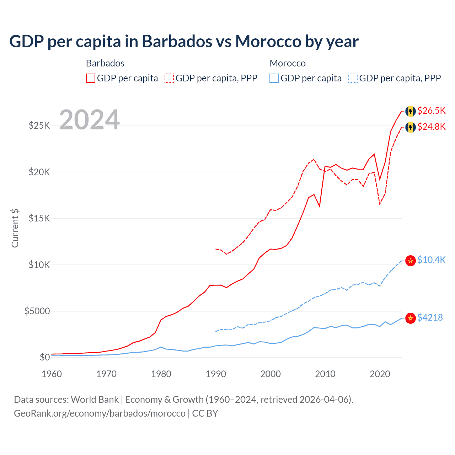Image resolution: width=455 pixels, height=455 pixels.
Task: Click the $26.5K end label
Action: pyautogui.click(x=431, y=111)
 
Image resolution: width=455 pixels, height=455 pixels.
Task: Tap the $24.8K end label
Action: pyautogui.click(x=431, y=127)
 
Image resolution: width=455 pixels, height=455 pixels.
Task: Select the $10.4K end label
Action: pyautogui.click(x=431, y=260)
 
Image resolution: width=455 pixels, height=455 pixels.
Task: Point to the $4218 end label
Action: pyautogui.click(x=430, y=317)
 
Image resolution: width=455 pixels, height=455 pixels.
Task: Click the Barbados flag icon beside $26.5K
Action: pyautogui.click(x=411, y=111)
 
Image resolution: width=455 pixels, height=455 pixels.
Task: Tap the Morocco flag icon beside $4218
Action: pyautogui.click(x=411, y=318)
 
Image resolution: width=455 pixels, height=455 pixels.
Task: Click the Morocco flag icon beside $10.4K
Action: pyautogui.click(x=411, y=261)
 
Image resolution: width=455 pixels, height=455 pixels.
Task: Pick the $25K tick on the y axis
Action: pyautogui.click(x=39, y=125)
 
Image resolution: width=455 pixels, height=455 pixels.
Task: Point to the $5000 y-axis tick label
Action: pyautogui.click(x=37, y=311)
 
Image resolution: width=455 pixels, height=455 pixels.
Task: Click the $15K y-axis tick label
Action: pyautogui.click(x=39, y=218)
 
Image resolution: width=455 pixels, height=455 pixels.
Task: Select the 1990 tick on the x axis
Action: pyautogui.click(x=216, y=374)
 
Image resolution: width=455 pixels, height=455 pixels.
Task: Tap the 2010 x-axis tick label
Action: pyautogui.click(x=325, y=374)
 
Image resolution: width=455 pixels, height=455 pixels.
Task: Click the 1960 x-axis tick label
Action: pyautogui.click(x=52, y=374)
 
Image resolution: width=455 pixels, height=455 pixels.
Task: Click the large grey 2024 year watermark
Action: pyautogui.click(x=89, y=119)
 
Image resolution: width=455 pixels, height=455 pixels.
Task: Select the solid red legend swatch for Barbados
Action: pyautogui.click(x=91, y=78)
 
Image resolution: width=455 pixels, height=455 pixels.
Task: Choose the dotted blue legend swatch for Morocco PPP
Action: pyautogui.click(x=353, y=78)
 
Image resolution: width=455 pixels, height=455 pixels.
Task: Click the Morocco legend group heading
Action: pyautogui.click(x=288, y=63)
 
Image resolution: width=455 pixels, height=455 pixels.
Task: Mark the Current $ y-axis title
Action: pyautogui.click(x=15, y=228)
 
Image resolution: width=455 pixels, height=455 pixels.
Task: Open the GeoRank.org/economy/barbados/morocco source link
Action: pyautogui.click(x=100, y=413)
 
